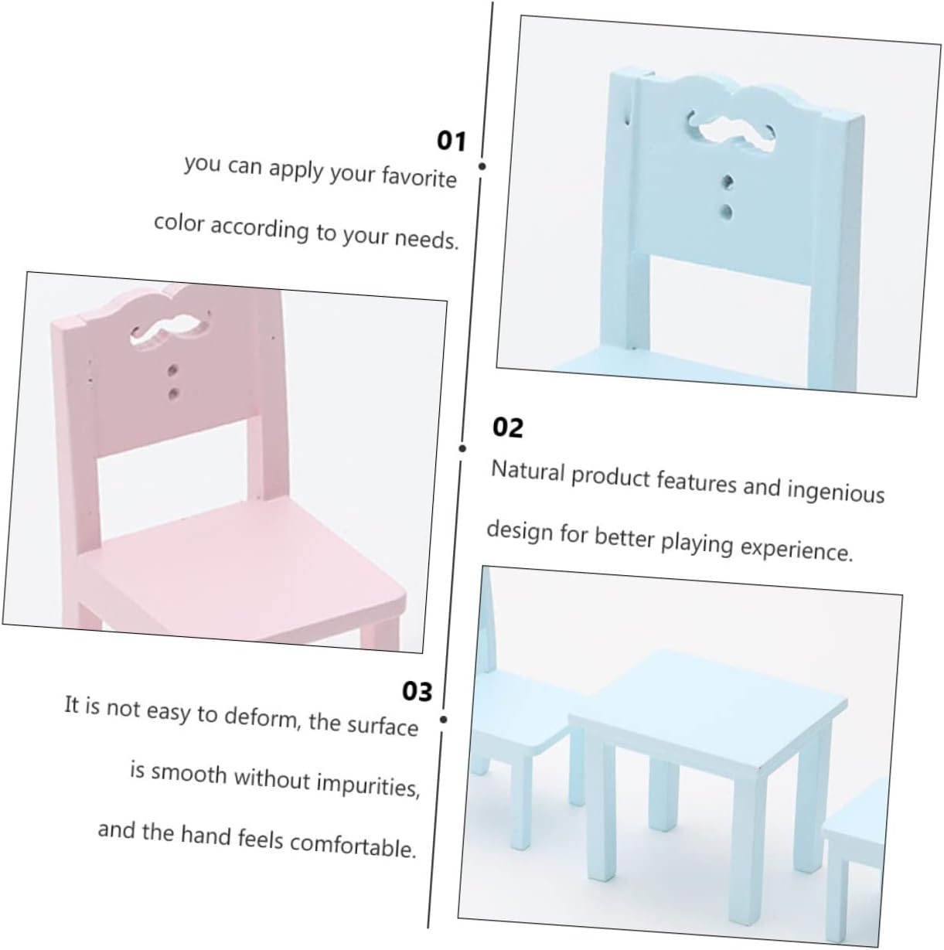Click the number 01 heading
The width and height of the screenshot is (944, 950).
click(x=451, y=141)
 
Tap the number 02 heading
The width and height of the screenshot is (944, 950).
click(x=507, y=427)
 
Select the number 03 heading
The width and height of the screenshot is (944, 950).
click(x=417, y=692)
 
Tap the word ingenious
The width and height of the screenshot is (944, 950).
click(x=836, y=491)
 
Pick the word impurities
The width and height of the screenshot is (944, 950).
click(x=368, y=785)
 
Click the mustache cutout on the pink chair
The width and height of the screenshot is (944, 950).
click(x=169, y=329)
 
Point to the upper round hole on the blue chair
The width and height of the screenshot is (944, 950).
click(x=727, y=182)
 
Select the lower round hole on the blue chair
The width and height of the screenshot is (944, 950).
click(x=726, y=213)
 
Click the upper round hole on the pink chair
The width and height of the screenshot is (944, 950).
click(x=172, y=371)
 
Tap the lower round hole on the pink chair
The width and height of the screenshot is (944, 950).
click(x=173, y=394)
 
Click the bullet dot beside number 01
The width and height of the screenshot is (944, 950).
click(x=482, y=167)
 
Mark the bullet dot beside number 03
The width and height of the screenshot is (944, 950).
click(x=443, y=720)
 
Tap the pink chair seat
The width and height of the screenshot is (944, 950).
click(x=247, y=567)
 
